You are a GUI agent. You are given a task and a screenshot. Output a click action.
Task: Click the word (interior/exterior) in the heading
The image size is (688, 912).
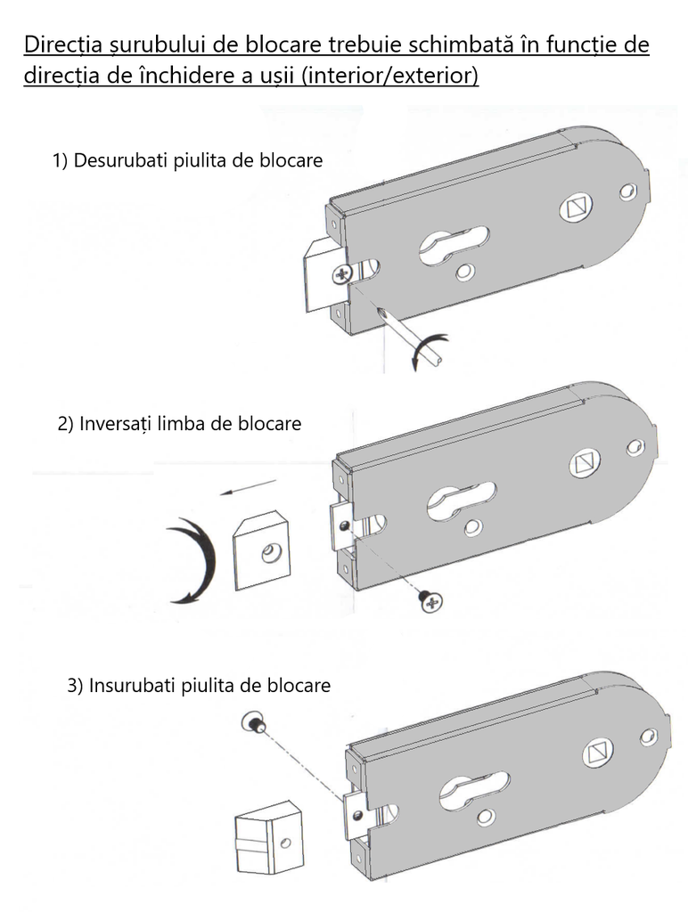pos(390,76)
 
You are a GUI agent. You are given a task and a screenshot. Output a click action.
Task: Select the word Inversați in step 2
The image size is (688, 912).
pos(115,423)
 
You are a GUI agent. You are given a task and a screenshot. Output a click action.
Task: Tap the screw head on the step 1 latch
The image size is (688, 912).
pos(341,275)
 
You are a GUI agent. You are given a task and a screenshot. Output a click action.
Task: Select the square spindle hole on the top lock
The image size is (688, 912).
pos(575,208)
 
